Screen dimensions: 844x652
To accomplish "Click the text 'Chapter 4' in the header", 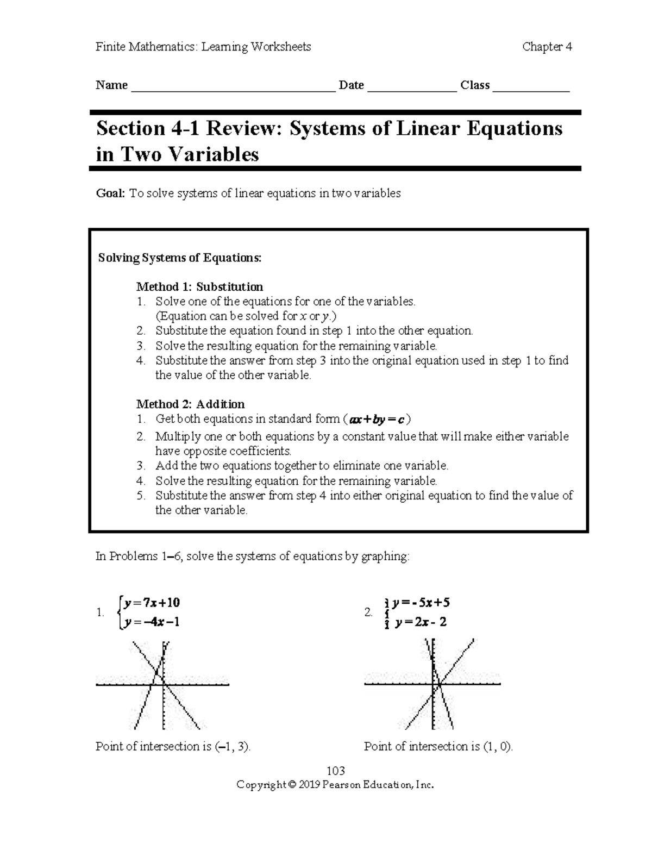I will point(547,47).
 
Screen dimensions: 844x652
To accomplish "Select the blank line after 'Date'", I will point(412,87).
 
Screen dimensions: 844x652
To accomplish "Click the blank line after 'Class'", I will point(530,87).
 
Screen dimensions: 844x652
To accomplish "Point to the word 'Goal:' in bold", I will point(110,193).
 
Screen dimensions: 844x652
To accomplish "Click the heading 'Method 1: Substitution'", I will point(199,286).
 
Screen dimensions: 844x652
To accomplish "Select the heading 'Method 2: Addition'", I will point(190,404).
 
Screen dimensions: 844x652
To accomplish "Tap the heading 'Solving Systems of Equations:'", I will point(179,258).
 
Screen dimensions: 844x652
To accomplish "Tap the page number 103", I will point(335,771).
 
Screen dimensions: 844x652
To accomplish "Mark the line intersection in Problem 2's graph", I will point(439,684).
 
